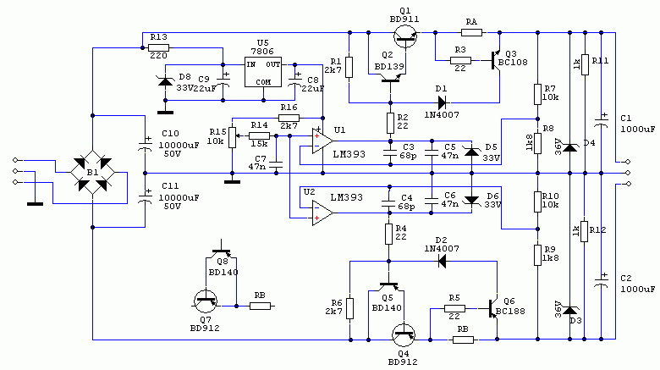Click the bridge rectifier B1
(x=92, y=173)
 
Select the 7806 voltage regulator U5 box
(x=263, y=72)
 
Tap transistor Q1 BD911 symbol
(x=406, y=36)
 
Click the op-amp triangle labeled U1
(x=323, y=141)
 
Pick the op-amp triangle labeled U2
(x=323, y=213)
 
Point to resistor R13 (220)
(x=159, y=48)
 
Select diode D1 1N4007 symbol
(x=442, y=102)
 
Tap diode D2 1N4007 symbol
(x=442, y=262)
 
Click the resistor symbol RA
(x=471, y=32)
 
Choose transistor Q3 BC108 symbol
(x=495, y=60)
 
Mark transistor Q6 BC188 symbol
(x=493, y=309)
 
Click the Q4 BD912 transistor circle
(x=404, y=335)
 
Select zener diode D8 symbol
(x=165, y=81)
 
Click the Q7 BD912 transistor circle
(x=206, y=301)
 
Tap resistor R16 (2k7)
(x=289, y=118)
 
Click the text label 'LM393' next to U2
(x=346, y=197)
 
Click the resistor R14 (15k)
(x=259, y=136)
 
